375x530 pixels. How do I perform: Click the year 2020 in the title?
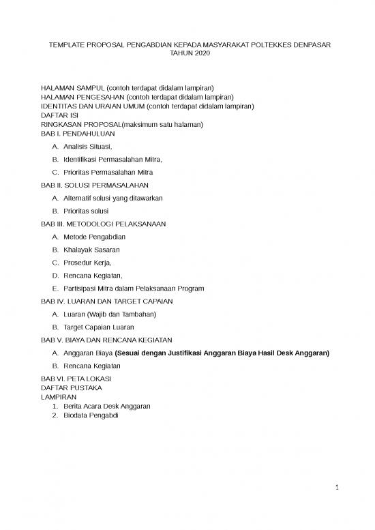pyautogui.click(x=202, y=53)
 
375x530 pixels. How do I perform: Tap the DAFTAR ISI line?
pyautogui.click(x=59, y=115)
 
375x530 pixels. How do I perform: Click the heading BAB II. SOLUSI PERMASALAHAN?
pyautogui.click(x=95, y=185)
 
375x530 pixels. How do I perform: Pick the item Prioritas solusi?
pyautogui.click(x=86, y=211)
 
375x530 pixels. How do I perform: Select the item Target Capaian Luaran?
pyautogui.click(x=99, y=327)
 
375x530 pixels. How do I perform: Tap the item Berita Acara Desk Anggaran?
pyautogui.click(x=107, y=405)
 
